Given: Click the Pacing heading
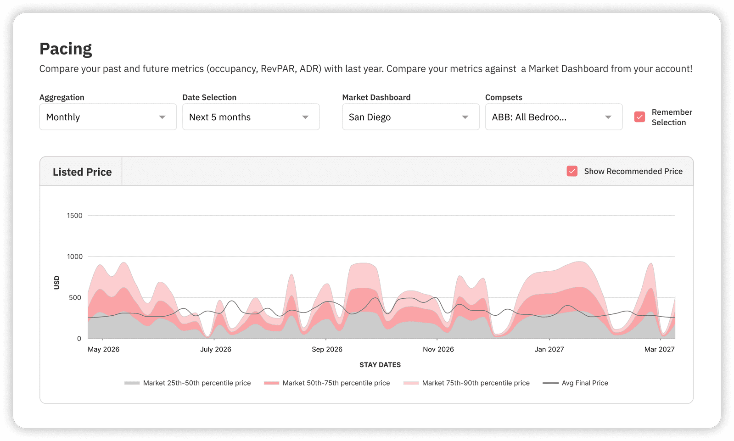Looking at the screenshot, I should click(66, 49).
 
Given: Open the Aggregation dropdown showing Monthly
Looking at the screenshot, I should click(108, 117).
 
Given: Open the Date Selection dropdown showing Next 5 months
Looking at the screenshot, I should click(251, 117).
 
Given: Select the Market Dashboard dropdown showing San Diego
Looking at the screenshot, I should click(410, 117).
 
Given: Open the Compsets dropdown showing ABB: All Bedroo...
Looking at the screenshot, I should click(554, 117).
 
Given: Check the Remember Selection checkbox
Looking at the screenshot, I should click(639, 117).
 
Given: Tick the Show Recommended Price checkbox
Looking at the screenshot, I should click(572, 171).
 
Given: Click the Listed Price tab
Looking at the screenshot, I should click(82, 172).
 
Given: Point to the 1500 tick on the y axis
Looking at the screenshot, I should click(75, 216).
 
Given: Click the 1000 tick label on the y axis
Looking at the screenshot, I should click(75, 257).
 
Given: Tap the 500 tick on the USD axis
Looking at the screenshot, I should click(75, 297).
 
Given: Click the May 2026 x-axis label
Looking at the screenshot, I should click(103, 349).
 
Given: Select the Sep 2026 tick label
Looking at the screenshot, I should click(327, 349).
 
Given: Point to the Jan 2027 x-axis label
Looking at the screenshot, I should click(549, 349).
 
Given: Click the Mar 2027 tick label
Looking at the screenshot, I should click(659, 349).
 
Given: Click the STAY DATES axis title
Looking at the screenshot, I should click(380, 365).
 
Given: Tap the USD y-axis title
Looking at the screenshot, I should click(57, 282).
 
